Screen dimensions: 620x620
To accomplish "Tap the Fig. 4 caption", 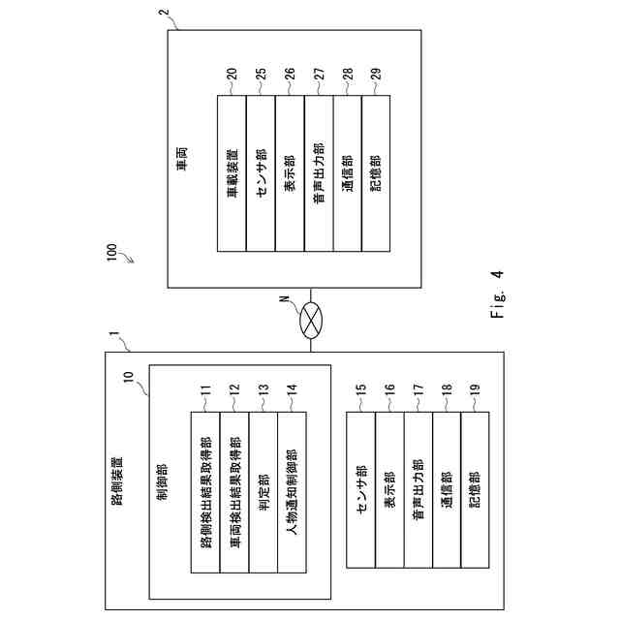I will coord(499,294).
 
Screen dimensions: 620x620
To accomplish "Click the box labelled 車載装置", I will coord(232,174).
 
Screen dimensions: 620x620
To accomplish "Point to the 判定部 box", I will coord(263,491).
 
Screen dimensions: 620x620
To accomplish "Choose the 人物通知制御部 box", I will coord(292,491).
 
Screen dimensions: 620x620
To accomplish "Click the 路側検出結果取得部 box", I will coord(205,491).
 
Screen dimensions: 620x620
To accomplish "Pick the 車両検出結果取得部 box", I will coord(234,491).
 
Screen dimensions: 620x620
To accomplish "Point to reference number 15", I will coord(360,390).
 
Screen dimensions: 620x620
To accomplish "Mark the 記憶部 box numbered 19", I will coord(475,489).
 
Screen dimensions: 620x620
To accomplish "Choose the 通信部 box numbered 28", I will coord(348,174).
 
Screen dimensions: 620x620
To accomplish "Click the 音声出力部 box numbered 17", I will coord(418,489).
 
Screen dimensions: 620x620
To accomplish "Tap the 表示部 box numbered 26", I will coord(290,174).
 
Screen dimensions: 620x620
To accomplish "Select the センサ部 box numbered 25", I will coord(261,174).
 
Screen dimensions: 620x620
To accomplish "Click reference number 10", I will coord(129,372).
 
